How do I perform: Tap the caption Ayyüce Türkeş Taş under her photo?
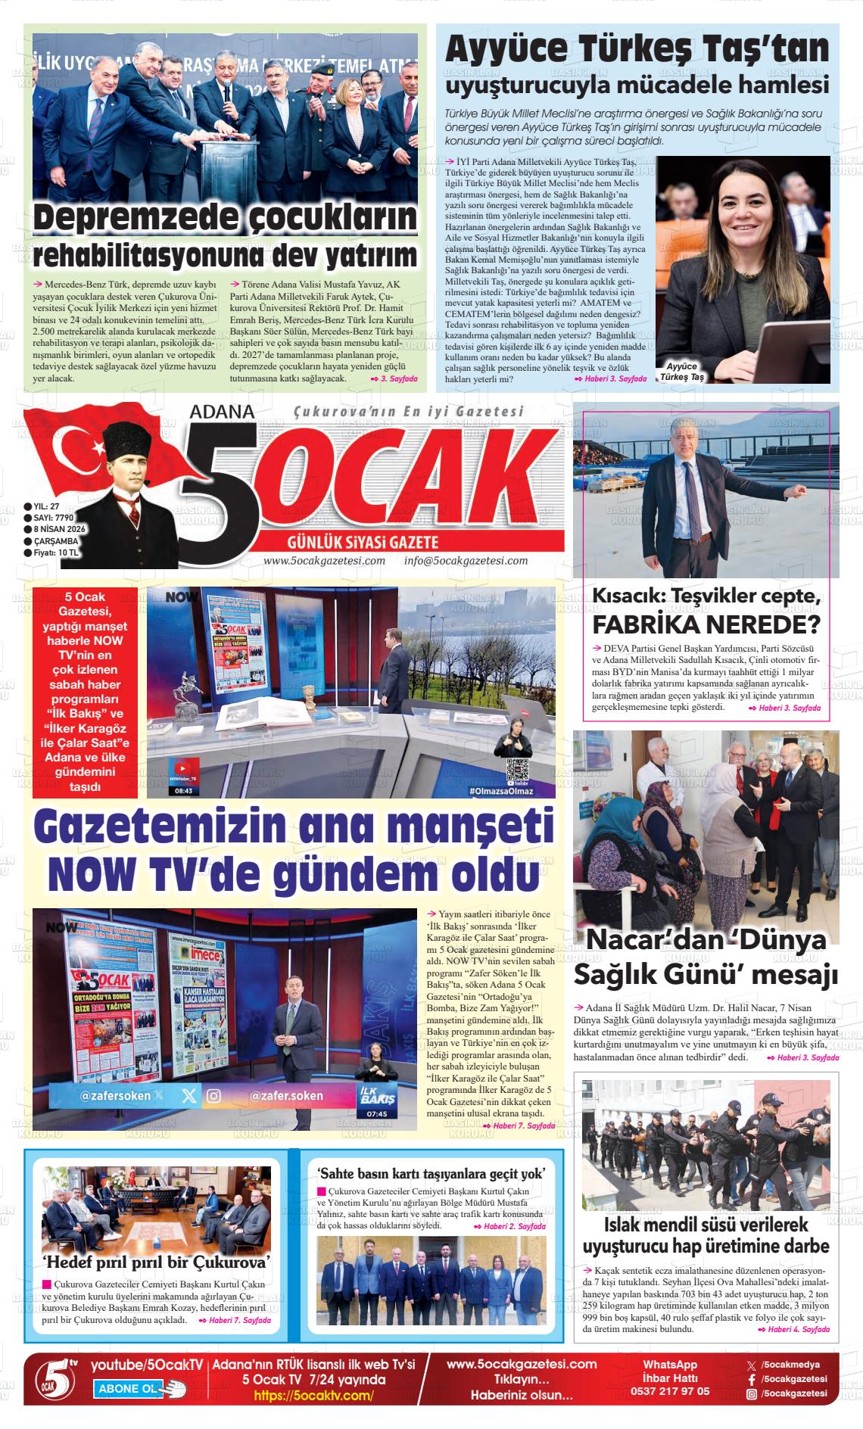(x=682, y=371)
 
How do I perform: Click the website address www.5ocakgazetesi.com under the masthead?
(x=324, y=561)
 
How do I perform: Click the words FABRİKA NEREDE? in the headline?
(x=706, y=625)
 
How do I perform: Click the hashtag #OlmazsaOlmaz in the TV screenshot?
(x=501, y=792)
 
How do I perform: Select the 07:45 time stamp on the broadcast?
(x=376, y=1114)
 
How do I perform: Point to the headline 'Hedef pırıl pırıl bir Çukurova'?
(x=157, y=1262)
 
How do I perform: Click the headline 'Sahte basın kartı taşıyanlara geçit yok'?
(x=431, y=1174)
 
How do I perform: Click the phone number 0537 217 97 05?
(x=670, y=1391)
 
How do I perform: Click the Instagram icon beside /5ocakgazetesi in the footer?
(x=751, y=1393)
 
